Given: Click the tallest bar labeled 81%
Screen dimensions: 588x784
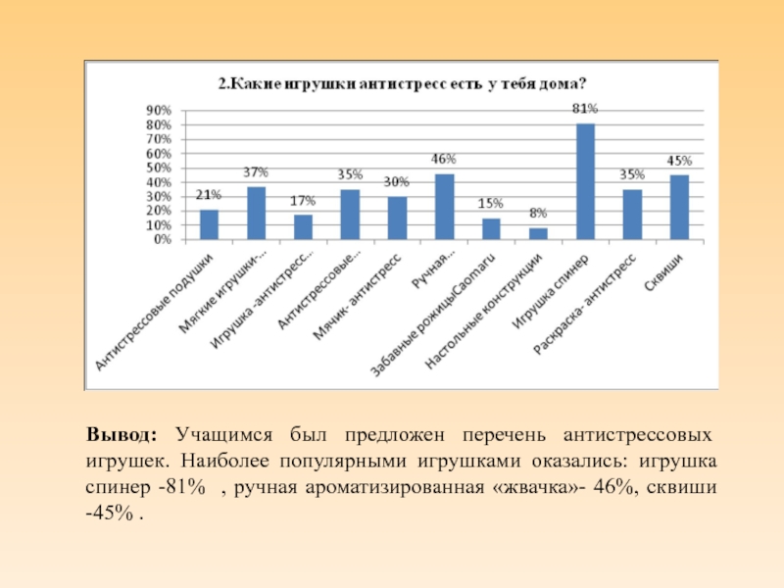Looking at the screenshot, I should click(x=585, y=181).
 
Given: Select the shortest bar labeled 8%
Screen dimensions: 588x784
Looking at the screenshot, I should click(x=538, y=233).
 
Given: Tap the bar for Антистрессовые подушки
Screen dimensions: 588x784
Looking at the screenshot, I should click(x=209, y=224).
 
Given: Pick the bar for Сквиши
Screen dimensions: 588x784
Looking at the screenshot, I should click(x=679, y=207).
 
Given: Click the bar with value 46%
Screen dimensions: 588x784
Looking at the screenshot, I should click(x=444, y=206).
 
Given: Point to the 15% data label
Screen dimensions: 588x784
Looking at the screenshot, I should click(x=491, y=204).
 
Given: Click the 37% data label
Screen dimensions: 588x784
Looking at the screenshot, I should click(x=257, y=171).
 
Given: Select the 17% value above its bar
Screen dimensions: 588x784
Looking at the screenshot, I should click(x=303, y=201).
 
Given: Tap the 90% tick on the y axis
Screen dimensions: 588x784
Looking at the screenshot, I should click(x=160, y=110).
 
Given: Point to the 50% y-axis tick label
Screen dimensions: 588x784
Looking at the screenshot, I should click(x=160, y=168).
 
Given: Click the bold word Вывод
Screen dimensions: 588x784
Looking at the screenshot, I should click(x=119, y=434).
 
